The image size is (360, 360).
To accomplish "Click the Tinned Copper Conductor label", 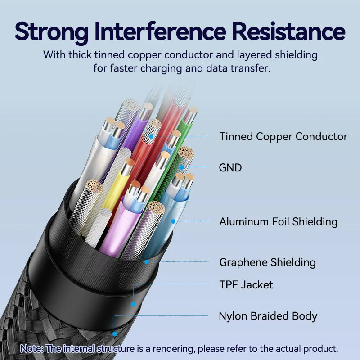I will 283,137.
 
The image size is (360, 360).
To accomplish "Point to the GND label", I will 230,168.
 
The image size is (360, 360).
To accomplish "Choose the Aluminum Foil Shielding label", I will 278,221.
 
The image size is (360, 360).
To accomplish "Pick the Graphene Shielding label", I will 267,262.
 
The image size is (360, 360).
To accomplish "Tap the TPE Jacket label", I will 246,284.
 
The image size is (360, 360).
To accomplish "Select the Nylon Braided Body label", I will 268,316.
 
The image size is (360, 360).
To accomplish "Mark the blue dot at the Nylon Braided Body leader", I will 115,334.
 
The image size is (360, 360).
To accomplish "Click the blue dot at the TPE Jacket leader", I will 133,304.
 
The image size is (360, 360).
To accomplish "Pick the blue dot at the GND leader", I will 182,167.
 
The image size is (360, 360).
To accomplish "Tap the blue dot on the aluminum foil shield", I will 172,221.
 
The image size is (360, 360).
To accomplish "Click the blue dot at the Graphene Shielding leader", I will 146,261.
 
